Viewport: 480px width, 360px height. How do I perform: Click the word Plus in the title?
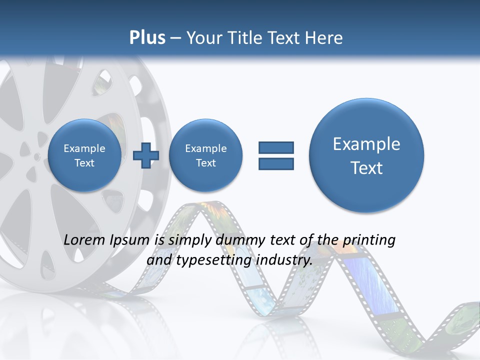(x=147, y=38)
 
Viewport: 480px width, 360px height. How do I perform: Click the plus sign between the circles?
(x=145, y=155)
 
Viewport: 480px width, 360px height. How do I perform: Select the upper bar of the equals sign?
(x=276, y=147)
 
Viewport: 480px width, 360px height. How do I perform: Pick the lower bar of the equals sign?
(x=276, y=163)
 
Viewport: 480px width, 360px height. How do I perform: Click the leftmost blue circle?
(x=84, y=155)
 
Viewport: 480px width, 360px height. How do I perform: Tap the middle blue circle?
(x=205, y=155)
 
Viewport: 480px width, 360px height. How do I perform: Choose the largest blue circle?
(x=366, y=155)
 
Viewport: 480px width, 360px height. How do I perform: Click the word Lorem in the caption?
(x=85, y=240)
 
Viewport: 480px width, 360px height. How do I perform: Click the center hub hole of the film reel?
(x=36, y=156)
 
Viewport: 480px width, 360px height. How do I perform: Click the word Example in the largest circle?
(x=366, y=144)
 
